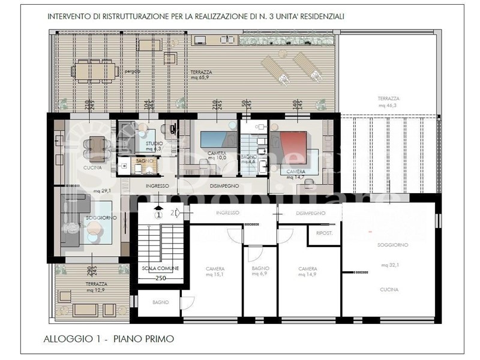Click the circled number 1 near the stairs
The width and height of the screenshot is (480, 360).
[x=158, y=214]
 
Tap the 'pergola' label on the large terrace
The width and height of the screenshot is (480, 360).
[x=133, y=71]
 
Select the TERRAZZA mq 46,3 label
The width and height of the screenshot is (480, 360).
[x=388, y=101]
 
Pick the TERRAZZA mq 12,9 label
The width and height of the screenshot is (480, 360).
[x=96, y=287]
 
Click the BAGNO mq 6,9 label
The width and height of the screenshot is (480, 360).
[x=260, y=271]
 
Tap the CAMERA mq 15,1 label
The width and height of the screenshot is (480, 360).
[x=215, y=271]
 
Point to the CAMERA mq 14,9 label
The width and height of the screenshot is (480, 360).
[x=308, y=271]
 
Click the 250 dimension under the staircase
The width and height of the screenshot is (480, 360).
[x=160, y=278]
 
